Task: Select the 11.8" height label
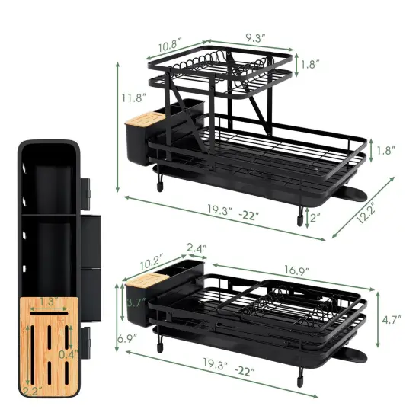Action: click(137, 97)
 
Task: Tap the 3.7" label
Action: click(136, 302)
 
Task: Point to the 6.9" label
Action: click(126, 336)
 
